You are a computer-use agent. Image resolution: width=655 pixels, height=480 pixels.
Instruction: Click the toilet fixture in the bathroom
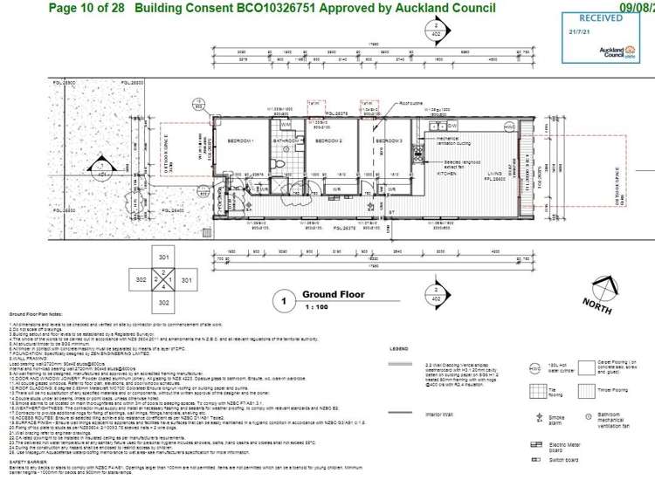tap(274, 162)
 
